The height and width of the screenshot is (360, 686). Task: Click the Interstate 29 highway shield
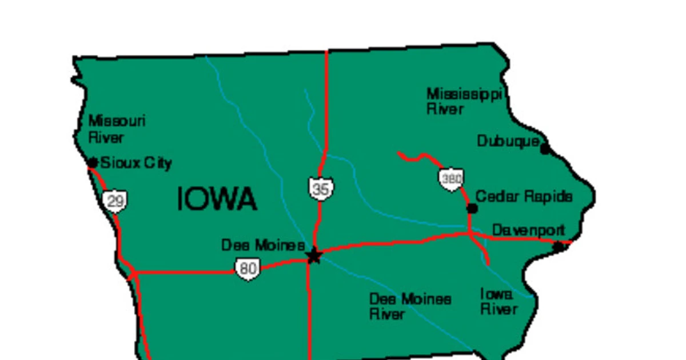[x=115, y=201]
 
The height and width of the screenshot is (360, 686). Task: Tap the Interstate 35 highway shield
[x=321, y=189]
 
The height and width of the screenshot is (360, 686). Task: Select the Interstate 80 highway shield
[x=248, y=269]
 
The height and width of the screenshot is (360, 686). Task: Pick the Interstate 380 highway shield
[x=452, y=179]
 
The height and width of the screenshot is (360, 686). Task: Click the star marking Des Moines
[x=314, y=255]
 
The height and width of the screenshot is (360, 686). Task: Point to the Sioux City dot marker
[x=93, y=163]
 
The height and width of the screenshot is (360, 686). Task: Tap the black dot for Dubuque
[x=545, y=149]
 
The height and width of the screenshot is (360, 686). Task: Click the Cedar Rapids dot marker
[x=472, y=209]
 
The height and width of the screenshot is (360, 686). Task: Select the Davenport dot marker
[x=559, y=246]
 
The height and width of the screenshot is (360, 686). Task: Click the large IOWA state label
[x=217, y=199]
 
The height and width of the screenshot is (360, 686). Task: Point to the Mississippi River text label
[x=464, y=101]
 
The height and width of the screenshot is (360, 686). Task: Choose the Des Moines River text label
[x=410, y=306]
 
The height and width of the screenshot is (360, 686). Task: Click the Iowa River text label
[x=498, y=302]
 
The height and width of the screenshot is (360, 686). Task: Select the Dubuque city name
[x=508, y=141]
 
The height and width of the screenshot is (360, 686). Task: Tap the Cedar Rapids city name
[x=524, y=197]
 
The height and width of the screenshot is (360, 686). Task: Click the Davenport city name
[x=528, y=230]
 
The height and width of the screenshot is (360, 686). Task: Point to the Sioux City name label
[x=136, y=163]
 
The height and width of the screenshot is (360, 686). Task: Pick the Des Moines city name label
[x=262, y=245]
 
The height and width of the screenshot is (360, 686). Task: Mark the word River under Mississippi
[x=445, y=109]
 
